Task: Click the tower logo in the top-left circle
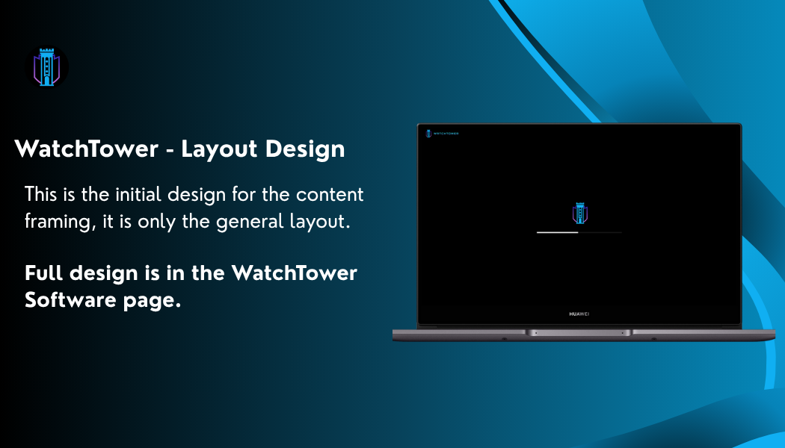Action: (x=46, y=67)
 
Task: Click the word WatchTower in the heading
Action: (x=87, y=149)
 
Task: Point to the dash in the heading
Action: (x=170, y=151)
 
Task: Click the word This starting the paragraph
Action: (x=40, y=194)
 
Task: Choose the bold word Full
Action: (x=43, y=273)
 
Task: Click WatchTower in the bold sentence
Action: (x=294, y=273)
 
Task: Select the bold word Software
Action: (x=70, y=300)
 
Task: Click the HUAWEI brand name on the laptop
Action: (x=579, y=314)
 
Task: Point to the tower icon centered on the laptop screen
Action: (x=579, y=214)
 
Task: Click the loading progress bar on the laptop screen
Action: (x=579, y=232)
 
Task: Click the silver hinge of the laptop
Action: (x=579, y=332)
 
